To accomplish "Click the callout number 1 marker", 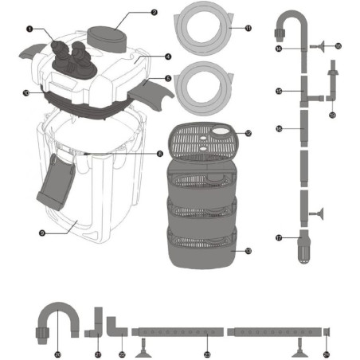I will click(29, 29).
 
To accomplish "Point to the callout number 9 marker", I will click(42, 233).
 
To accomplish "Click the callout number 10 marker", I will click(27, 92).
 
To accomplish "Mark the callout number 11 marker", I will click(248, 29).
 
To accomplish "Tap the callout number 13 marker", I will click(248, 251).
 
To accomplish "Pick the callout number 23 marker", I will click(207, 354).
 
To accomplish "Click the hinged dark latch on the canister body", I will click(55, 178).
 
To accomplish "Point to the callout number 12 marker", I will click(248, 134).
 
